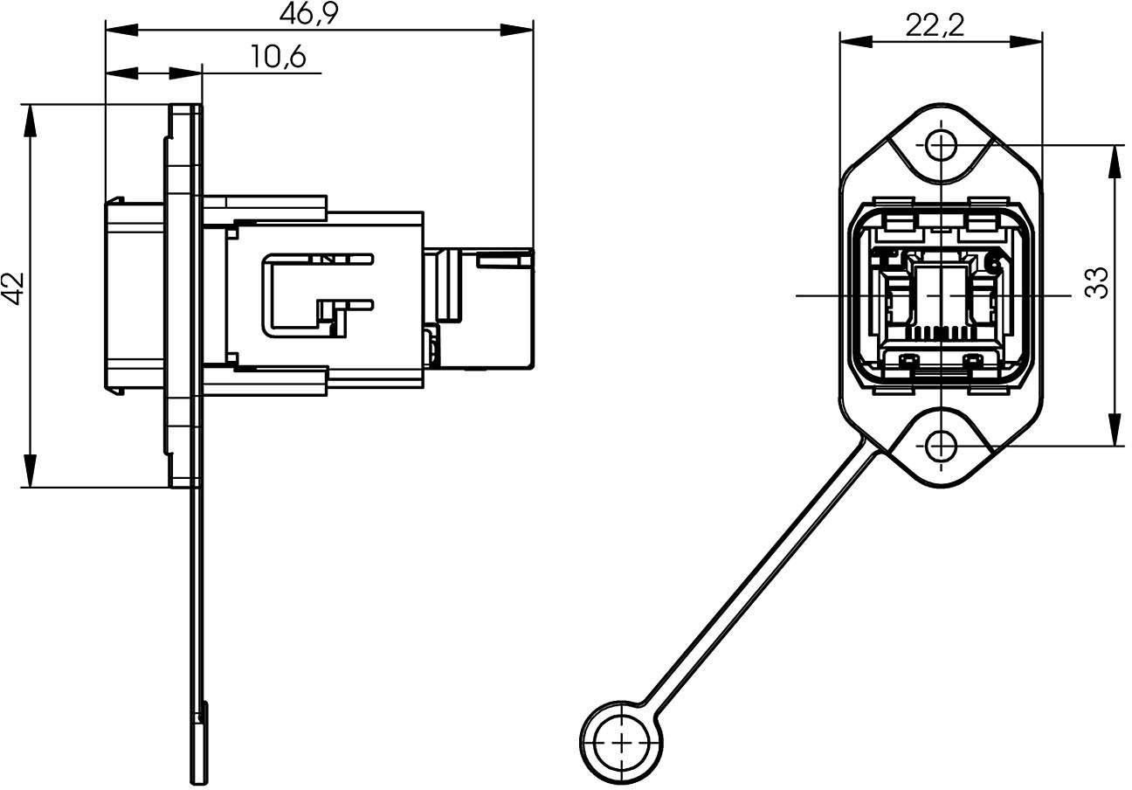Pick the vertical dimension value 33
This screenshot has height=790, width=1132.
(x=1097, y=282)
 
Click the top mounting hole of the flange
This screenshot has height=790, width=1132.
(x=941, y=145)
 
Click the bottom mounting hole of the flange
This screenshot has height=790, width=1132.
(x=941, y=447)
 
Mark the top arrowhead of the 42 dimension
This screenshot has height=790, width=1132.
(x=31, y=118)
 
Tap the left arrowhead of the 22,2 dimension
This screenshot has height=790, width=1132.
(x=852, y=40)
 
